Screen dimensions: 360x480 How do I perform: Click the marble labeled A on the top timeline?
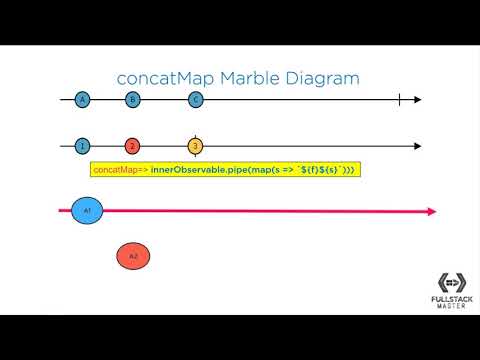82,100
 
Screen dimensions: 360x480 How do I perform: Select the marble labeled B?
133,100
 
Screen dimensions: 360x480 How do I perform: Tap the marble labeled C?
196,100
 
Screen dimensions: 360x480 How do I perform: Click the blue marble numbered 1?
82,147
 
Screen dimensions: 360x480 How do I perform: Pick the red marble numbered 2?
133,147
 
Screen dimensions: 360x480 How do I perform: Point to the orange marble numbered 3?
196,147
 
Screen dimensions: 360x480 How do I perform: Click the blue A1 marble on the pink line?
87,212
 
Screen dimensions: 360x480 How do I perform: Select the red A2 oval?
133,257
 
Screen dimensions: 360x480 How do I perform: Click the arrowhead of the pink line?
431,212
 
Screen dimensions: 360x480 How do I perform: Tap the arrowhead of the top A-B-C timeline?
417,100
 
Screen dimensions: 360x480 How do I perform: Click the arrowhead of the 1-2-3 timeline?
417,147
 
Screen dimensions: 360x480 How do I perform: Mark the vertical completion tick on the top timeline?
399,100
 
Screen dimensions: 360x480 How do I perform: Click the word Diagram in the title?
320,77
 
